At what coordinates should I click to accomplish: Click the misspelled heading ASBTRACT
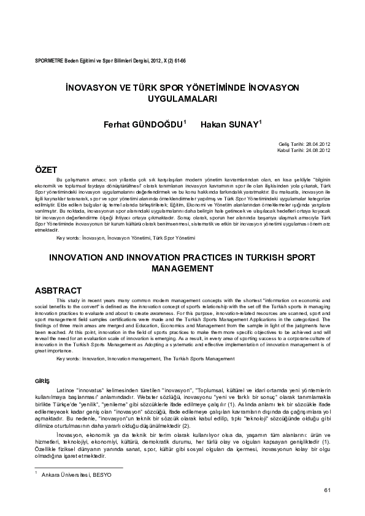point(58,290)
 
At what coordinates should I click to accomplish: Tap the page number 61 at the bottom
point(327,489)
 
